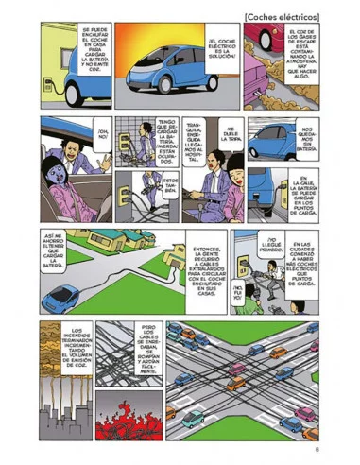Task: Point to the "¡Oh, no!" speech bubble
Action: pyautogui.click(x=104, y=133)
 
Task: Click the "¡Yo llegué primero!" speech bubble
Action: pyautogui.click(x=276, y=246)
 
